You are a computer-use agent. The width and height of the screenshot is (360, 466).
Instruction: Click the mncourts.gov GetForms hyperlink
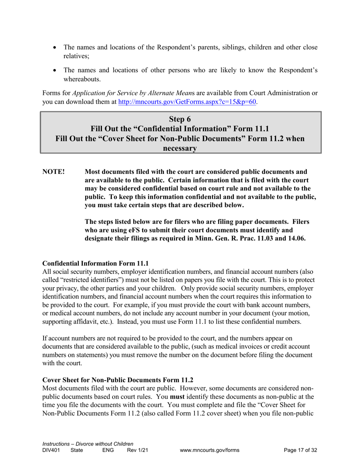pos(188,102)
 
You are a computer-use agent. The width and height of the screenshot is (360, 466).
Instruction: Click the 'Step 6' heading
pos(180,119)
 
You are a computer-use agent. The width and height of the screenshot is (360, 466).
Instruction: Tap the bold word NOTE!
pos(53,172)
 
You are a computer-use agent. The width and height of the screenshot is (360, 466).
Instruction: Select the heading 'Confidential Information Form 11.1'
pos(95,263)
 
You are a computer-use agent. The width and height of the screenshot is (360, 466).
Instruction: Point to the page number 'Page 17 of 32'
pos(301,450)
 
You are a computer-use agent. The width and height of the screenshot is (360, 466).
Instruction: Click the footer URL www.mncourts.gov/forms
pos(210,450)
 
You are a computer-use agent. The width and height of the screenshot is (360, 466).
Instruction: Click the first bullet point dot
pos(56,48)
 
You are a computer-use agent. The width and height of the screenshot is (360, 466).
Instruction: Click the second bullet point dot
pos(56,70)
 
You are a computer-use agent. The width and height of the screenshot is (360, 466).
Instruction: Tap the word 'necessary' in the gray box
pos(180,149)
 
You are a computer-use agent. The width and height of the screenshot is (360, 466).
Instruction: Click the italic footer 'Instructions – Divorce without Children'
pos(88,444)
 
